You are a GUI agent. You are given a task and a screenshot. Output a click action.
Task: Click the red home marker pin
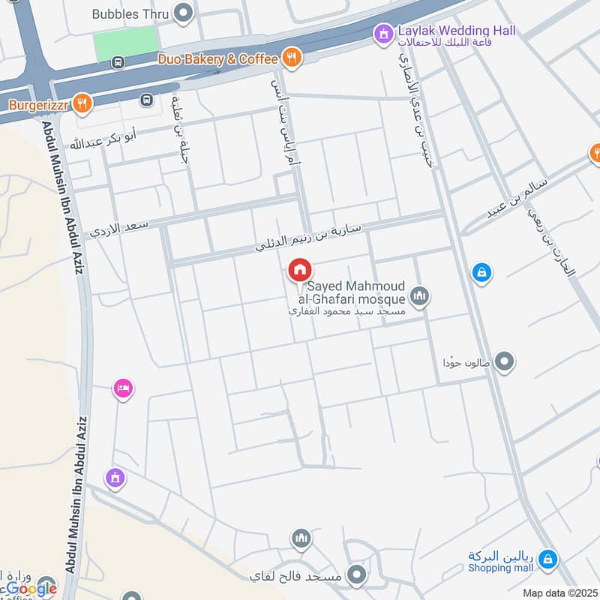pos(300,270)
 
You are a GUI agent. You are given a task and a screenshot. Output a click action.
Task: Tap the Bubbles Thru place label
pos(131,13)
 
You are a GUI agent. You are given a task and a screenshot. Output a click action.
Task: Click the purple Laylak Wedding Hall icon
pos(384,32)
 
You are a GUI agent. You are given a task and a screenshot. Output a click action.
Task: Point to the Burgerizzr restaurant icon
pos(84,103)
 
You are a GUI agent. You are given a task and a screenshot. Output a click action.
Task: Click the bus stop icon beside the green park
pos(117,63)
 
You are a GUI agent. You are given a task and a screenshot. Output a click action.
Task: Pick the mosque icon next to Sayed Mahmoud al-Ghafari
pos(420,297)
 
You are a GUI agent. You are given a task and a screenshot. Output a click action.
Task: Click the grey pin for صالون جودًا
pos(505,362)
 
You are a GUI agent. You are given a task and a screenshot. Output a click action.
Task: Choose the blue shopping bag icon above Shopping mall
pos(548,558)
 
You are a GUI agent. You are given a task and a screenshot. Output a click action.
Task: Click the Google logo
pos(31,589)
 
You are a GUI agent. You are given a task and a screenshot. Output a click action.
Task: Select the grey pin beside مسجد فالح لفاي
pos(357,576)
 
